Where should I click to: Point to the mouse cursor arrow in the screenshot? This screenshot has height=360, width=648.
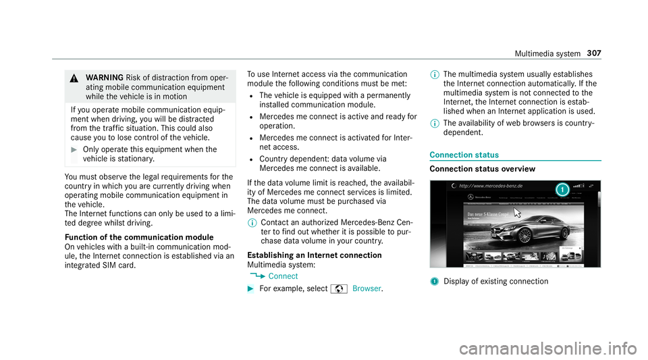click(517, 213)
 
